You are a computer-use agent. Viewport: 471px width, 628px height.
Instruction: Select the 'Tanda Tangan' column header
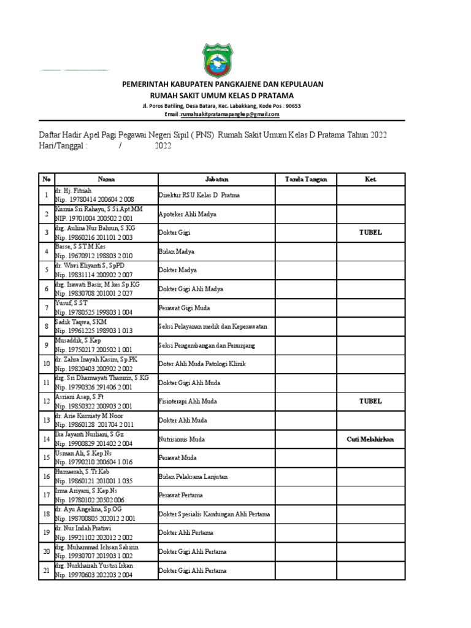(x=306, y=179)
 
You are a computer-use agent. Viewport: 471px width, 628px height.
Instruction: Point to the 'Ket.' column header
(x=370, y=179)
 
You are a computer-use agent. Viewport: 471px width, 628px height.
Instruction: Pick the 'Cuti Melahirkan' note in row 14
(x=370, y=439)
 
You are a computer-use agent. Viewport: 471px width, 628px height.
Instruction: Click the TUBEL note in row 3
(x=370, y=232)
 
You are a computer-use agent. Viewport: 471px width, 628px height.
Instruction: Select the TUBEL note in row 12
(x=370, y=401)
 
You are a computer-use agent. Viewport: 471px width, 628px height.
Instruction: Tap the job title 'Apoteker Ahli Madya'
(x=187, y=214)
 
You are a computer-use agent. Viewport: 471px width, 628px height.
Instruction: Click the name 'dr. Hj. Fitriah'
(x=77, y=191)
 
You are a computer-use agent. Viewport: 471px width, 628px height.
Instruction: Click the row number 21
(x=46, y=570)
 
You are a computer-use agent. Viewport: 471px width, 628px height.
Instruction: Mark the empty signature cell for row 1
(x=306, y=195)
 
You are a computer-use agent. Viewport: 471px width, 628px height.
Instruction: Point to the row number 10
(x=46, y=364)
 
